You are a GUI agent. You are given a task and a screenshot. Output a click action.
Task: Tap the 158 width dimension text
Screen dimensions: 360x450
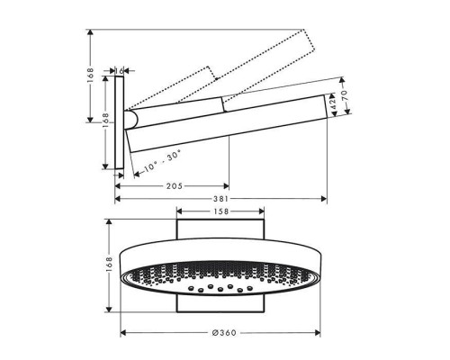tap(220, 212)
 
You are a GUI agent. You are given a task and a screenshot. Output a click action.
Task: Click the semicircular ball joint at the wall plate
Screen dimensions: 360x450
tap(131, 121)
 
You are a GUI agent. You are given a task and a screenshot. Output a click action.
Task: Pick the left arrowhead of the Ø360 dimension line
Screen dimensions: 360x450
tap(122, 332)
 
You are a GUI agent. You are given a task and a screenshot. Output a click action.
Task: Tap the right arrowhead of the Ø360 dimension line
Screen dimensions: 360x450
tap(321, 332)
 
